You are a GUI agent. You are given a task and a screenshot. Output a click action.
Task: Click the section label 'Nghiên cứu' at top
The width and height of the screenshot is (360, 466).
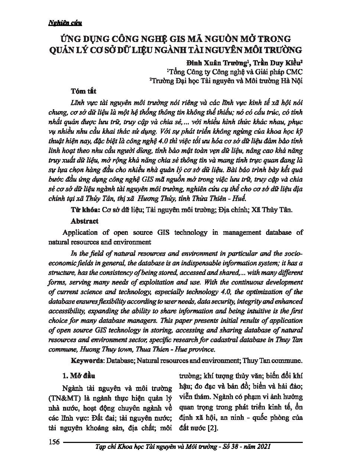tap(65, 23)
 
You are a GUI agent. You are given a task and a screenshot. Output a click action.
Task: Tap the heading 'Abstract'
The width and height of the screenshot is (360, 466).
tap(84, 221)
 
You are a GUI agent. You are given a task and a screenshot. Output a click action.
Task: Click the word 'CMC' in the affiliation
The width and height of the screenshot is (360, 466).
tap(293, 72)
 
